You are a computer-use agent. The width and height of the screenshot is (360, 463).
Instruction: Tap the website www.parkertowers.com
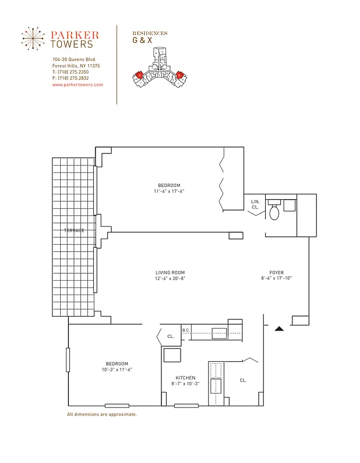coord(78,84)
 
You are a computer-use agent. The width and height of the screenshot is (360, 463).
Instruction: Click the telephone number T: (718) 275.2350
coord(71,72)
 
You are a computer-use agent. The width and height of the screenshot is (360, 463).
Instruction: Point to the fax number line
coord(71,78)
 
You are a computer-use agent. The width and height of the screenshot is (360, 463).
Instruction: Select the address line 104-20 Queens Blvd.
coord(74,60)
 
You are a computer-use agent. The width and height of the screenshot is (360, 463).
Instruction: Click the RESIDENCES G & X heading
coord(149,38)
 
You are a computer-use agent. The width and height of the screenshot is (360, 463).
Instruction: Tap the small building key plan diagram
coord(159,68)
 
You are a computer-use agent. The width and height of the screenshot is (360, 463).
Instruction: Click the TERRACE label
coord(74,230)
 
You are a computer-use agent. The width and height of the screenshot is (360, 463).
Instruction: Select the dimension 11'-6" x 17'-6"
coord(169,192)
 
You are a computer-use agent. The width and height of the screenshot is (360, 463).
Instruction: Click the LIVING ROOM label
coord(170,273)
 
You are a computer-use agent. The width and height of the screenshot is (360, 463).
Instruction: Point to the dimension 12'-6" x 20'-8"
coord(170,279)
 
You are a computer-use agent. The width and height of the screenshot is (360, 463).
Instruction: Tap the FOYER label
coord(276,273)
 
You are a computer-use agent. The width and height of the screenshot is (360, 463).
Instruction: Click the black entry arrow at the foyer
coord(279,329)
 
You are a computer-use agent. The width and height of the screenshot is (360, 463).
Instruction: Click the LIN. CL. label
coord(255,204)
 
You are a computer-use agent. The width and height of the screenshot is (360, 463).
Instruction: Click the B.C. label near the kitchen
coord(186,330)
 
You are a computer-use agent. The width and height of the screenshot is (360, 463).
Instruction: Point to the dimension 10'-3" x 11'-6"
coord(117,370)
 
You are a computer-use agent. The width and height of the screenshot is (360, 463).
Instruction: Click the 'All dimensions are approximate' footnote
coord(102,414)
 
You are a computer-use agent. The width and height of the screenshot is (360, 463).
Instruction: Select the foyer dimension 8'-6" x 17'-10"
coord(276,279)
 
